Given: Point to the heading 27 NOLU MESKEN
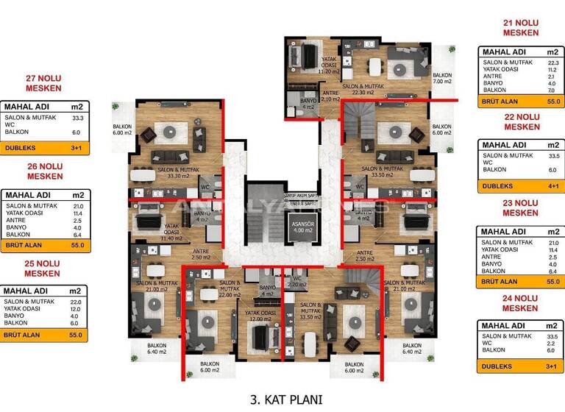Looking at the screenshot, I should pos(43,83).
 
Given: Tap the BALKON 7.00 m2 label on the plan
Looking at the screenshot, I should pos(442,79).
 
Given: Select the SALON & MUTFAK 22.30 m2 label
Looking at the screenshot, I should pos(380,88).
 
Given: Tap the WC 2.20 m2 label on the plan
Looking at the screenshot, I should pos(298,282).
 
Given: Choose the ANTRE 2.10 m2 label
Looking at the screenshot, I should pos(331,95).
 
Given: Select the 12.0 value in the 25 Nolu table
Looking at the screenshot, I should pos(75,308).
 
